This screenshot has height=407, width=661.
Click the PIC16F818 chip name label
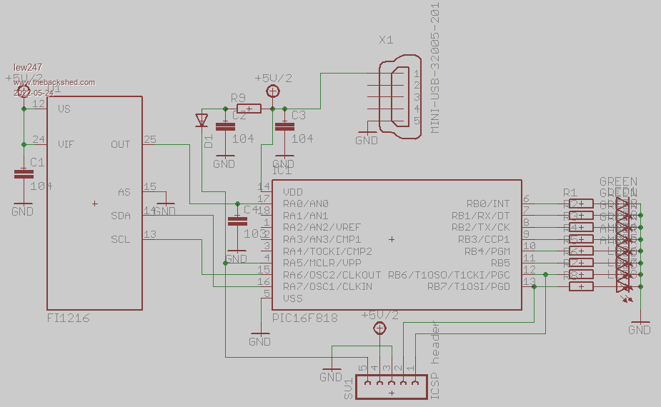[304, 317]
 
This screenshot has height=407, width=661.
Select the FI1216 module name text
[69, 318]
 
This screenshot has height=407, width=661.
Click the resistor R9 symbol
[248, 109]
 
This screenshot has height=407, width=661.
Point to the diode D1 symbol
[202, 119]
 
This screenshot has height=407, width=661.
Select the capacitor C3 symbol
[284, 126]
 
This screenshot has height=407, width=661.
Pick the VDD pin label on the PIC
[293, 191]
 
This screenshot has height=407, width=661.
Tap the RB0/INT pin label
[488, 203]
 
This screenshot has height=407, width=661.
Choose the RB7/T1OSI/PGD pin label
[469, 287]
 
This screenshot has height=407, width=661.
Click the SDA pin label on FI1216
[121, 216]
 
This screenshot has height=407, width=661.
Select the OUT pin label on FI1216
[121, 144]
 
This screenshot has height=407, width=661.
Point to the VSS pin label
[293, 298]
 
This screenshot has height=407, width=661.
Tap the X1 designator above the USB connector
[387, 40]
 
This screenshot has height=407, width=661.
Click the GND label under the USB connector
[367, 141]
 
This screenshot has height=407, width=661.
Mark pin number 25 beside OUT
[149, 139]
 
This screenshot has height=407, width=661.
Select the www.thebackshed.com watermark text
[54, 82]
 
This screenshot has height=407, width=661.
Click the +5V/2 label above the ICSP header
[379, 315]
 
